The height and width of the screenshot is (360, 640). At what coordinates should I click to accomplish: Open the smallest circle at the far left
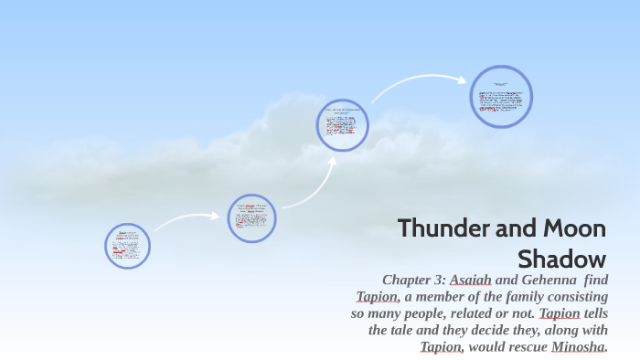pyautogui.click(x=127, y=247)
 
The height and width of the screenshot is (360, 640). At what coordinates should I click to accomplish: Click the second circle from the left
pyautogui.click(x=251, y=218)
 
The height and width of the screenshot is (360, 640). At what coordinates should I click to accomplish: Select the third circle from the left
pyautogui.click(x=342, y=125)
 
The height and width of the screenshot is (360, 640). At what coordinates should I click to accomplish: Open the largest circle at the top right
pyautogui.click(x=501, y=97)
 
